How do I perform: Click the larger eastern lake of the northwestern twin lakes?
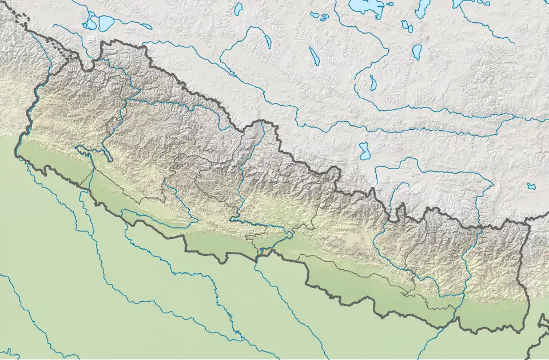[x=106, y=23]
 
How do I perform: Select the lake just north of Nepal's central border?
[x=364, y=151]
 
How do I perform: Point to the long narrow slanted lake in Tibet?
[x=314, y=56]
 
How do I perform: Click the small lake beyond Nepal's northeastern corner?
[x=532, y=186]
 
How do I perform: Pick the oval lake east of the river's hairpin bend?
[x=416, y=52]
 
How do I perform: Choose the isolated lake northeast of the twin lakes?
[x=238, y=8]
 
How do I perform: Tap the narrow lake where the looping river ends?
[x=267, y=40]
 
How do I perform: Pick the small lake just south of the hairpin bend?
[x=373, y=82]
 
